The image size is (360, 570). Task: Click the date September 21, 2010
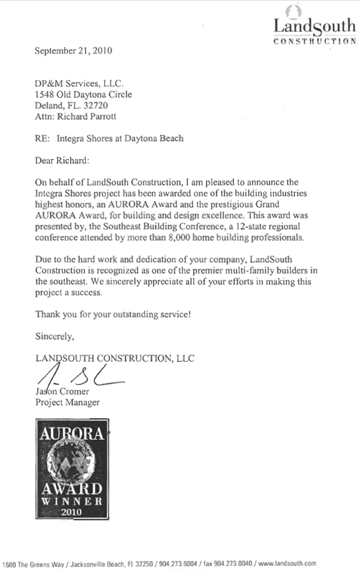pyautogui.click(x=74, y=51)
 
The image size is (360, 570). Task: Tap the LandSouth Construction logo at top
pyautogui.click(x=314, y=27)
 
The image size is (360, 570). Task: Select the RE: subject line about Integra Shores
pyautogui.click(x=109, y=138)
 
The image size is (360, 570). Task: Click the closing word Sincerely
pyautogui.click(x=54, y=336)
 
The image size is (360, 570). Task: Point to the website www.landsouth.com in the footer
pyautogui.click(x=287, y=563)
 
